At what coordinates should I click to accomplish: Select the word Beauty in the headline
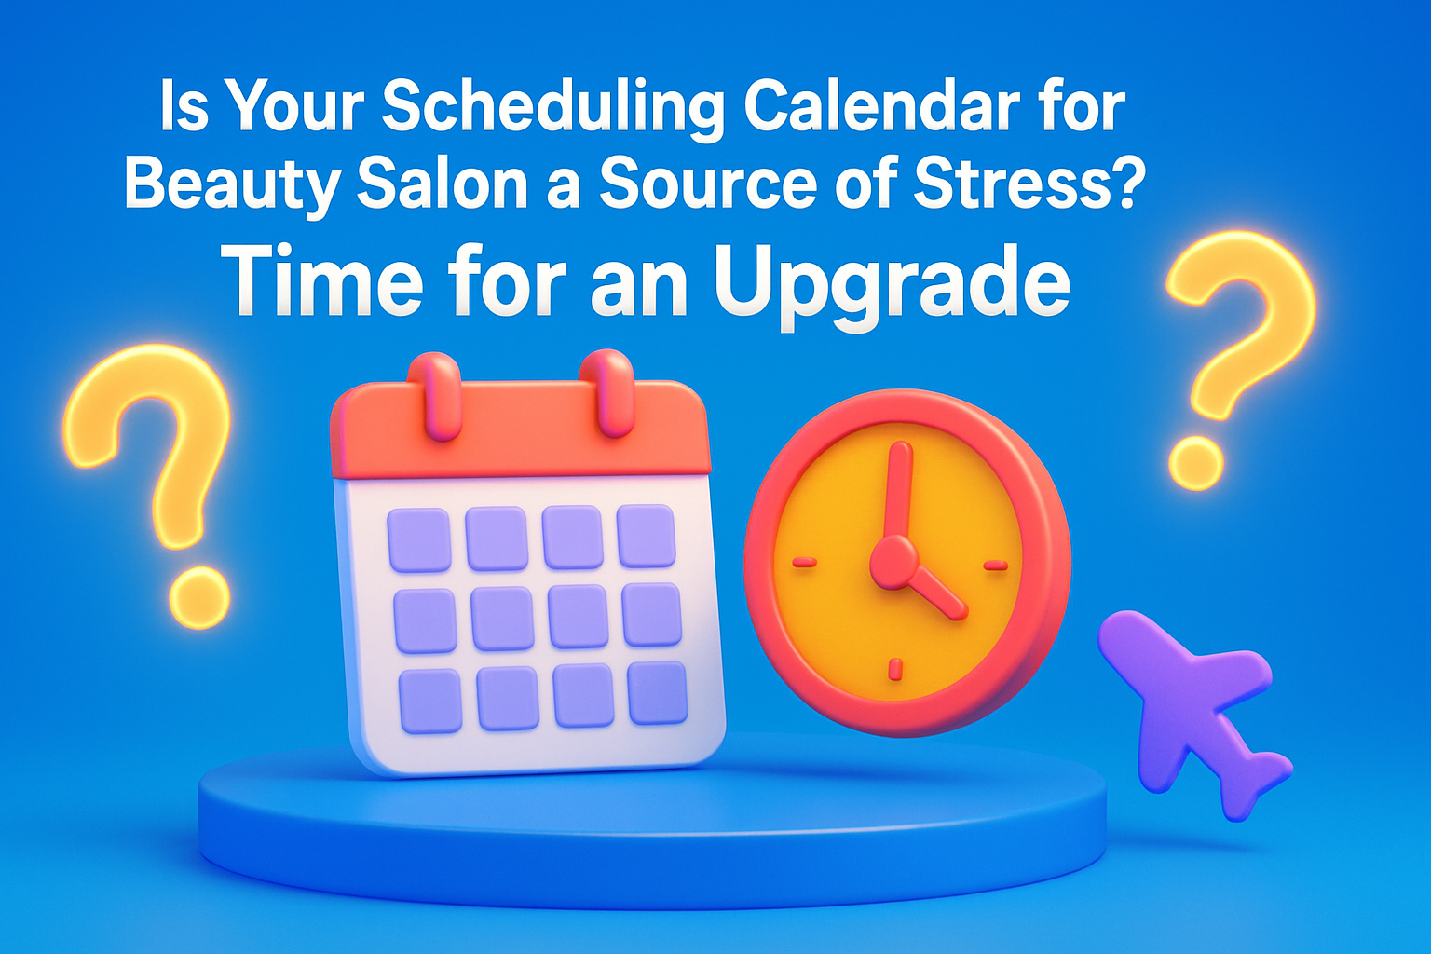click(x=232, y=184)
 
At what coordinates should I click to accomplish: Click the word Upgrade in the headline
click(x=892, y=284)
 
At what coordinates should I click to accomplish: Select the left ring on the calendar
click(x=434, y=396)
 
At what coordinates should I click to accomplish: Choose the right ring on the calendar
click(x=607, y=393)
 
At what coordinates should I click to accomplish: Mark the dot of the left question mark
click(x=199, y=598)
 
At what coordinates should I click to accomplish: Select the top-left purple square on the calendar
click(x=419, y=540)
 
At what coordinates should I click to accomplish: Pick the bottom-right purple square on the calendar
click(x=658, y=693)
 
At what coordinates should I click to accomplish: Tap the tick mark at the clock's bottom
click(x=895, y=668)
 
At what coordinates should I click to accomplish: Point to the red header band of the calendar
click(x=521, y=431)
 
